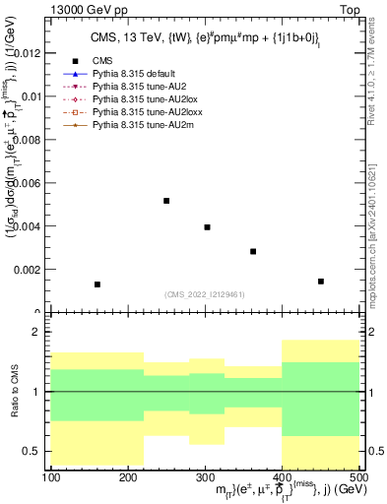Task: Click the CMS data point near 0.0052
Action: [x=166, y=201]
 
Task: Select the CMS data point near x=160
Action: [x=97, y=284]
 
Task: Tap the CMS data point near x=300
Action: [x=207, y=227]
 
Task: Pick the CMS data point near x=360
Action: [x=253, y=252]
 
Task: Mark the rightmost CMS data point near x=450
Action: [x=321, y=282]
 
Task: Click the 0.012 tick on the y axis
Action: [x=28, y=53]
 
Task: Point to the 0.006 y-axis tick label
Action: [x=28, y=183]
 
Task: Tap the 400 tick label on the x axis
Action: [x=282, y=477]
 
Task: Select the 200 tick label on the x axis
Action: [x=129, y=477]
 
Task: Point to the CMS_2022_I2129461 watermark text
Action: [x=204, y=294]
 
